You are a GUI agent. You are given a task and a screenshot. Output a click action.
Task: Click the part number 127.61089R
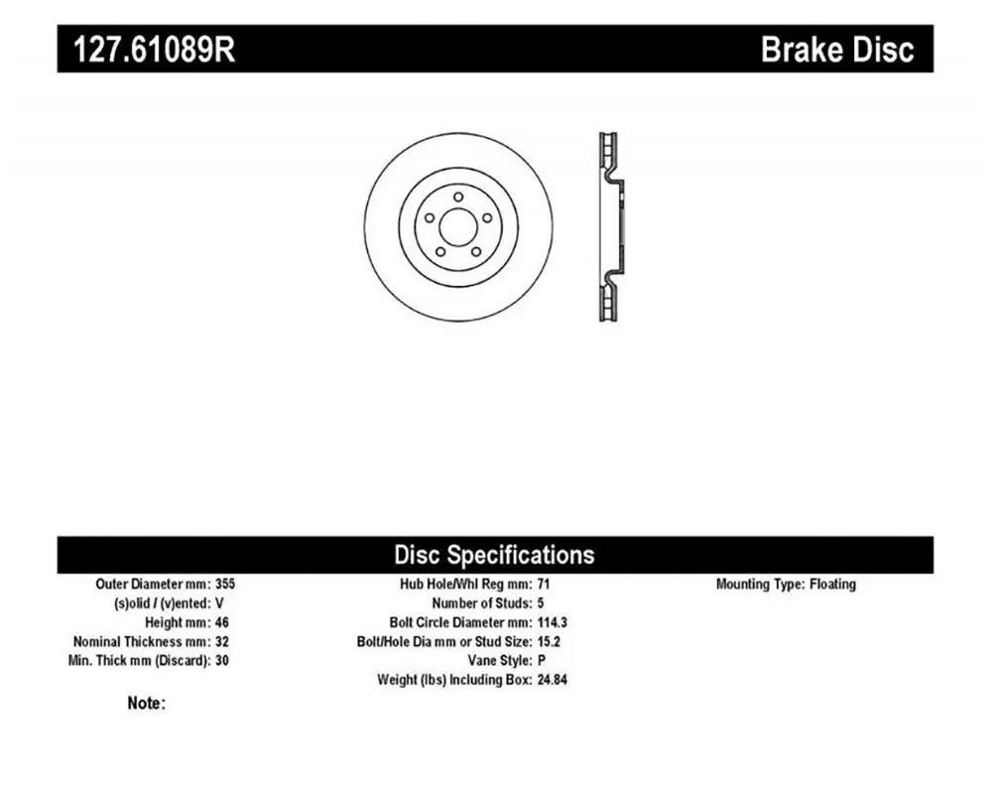click(155, 49)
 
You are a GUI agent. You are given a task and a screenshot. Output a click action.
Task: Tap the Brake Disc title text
click(837, 49)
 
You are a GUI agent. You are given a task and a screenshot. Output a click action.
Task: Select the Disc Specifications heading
click(494, 555)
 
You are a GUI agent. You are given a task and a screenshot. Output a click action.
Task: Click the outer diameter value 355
click(225, 584)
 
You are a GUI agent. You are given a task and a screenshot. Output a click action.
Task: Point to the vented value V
click(219, 602)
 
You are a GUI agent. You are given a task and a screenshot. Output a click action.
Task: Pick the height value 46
click(222, 621)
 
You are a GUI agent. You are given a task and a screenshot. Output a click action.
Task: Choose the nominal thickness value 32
click(222, 641)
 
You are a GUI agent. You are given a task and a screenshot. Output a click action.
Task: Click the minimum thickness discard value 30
click(222, 660)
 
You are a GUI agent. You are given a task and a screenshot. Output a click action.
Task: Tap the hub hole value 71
click(544, 584)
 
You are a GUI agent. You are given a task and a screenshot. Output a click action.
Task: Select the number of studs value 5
click(541, 602)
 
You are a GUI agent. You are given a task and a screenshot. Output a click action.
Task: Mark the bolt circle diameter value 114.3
click(553, 621)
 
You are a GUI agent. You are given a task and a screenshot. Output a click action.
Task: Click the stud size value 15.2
click(550, 641)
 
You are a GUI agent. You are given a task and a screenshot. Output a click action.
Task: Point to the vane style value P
click(542, 660)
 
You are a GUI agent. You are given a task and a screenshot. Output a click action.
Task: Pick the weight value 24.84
click(553, 680)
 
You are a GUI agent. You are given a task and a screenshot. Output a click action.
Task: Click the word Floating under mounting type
click(832, 584)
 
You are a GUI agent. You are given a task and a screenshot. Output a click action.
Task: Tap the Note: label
click(146, 703)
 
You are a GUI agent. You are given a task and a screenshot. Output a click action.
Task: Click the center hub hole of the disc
click(458, 226)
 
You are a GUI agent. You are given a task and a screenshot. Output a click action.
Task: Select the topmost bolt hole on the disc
click(458, 197)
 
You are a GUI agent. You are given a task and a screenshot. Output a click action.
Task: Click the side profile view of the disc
click(611, 226)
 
